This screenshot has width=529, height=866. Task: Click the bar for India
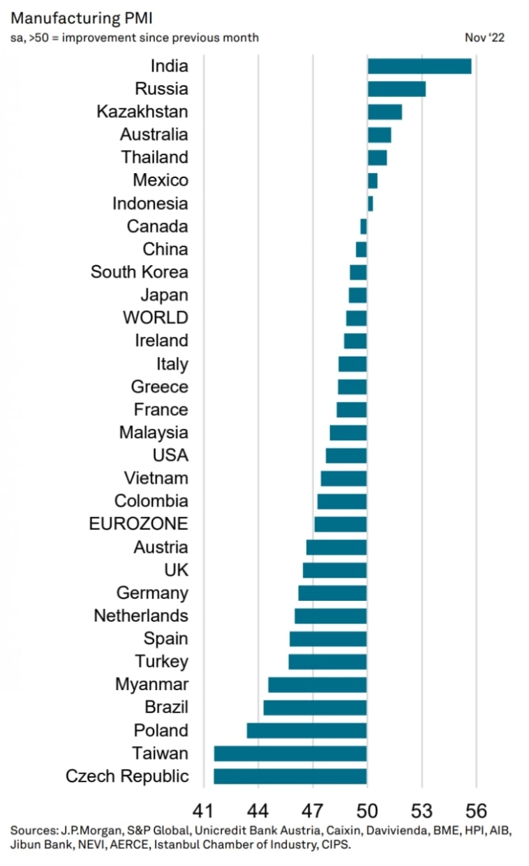[x=419, y=66]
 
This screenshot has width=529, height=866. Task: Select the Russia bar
[x=396, y=89]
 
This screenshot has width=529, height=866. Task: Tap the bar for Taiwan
[x=290, y=754]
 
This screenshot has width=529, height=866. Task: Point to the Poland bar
[x=306, y=731]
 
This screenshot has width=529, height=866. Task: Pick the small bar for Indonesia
[x=370, y=204]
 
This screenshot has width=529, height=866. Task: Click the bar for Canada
[x=364, y=227]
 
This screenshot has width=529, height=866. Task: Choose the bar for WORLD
[x=356, y=318]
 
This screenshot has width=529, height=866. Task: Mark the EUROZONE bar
[x=341, y=524]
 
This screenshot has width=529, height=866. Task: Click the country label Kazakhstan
[x=142, y=112]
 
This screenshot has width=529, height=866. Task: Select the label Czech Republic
[x=127, y=776]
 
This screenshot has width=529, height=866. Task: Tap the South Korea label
[x=139, y=272]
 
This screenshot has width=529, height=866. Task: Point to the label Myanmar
[x=151, y=685]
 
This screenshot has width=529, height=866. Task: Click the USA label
[x=170, y=456]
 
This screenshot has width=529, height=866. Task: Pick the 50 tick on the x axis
[x=367, y=812]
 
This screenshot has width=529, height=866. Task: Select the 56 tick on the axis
[x=476, y=812]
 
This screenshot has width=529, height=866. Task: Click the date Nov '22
[x=484, y=38]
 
